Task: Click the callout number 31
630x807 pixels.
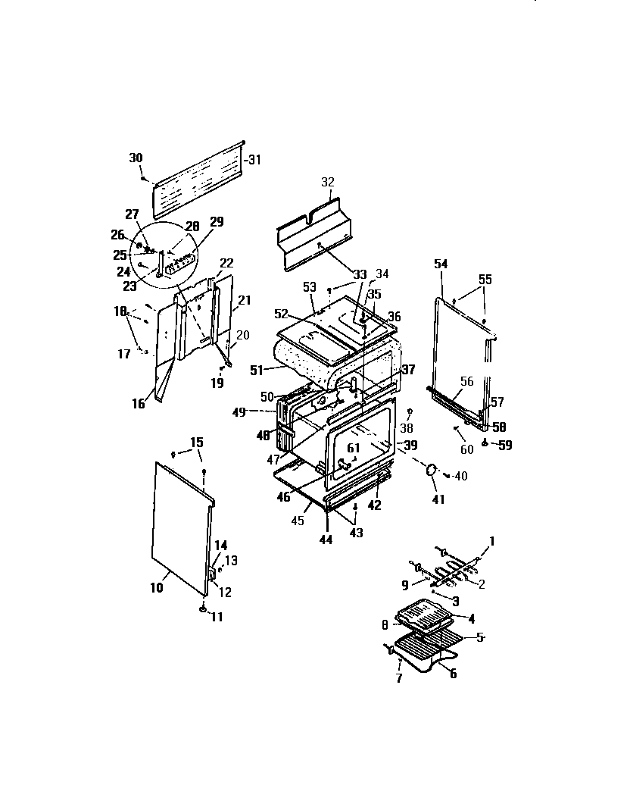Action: [254, 159]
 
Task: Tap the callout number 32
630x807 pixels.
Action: [327, 183]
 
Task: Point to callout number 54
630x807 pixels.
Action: [441, 264]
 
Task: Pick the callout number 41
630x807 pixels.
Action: [438, 499]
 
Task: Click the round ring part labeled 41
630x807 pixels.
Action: [432, 471]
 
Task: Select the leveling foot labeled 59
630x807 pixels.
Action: [485, 443]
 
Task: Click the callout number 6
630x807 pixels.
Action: [452, 674]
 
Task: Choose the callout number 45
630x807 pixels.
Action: [297, 521]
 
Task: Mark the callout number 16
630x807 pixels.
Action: [138, 405]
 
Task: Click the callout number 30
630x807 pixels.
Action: [136, 158]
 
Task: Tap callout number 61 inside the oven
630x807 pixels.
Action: [354, 448]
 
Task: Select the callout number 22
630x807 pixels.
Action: [226, 263]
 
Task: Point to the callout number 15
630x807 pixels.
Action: [196, 442]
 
